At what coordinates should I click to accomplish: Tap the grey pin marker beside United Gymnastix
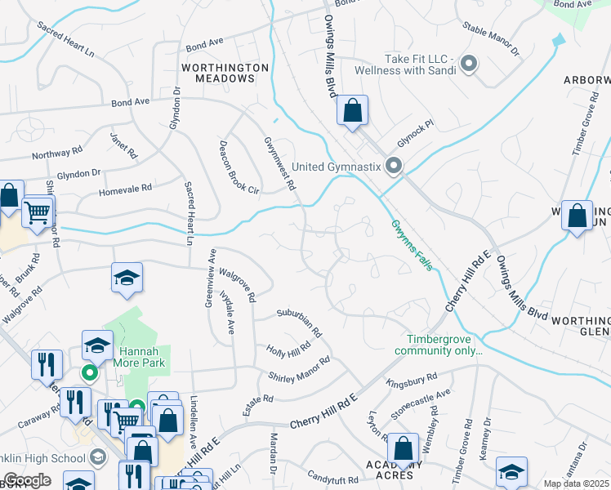point(394,167)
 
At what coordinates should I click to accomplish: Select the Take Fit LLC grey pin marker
point(469,63)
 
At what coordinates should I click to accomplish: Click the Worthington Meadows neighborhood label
point(225,73)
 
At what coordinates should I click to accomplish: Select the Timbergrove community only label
point(439,345)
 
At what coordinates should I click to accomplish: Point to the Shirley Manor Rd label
point(299,367)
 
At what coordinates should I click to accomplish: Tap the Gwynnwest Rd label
point(279,163)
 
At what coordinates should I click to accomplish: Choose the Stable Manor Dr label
point(490,38)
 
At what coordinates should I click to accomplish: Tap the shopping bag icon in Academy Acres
point(403,448)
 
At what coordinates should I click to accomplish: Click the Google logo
point(27,479)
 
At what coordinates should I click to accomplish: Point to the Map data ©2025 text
point(576,483)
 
